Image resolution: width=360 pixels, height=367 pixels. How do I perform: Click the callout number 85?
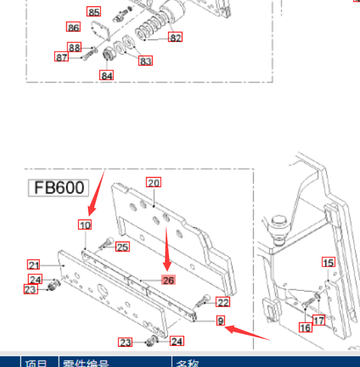click(x=93, y=12)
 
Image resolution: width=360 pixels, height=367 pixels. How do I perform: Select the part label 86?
click(x=73, y=27)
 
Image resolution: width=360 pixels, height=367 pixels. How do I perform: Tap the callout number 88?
click(x=74, y=48)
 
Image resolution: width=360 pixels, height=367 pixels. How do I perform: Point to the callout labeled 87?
click(x=62, y=57)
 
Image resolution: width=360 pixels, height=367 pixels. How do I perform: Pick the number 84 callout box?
click(x=106, y=75)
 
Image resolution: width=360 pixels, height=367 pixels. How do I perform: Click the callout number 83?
click(x=145, y=60)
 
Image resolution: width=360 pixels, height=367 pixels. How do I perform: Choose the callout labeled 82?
click(x=175, y=37)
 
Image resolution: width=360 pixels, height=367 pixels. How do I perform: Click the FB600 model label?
click(x=59, y=188)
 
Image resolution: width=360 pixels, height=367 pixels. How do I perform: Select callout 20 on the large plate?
click(x=153, y=182)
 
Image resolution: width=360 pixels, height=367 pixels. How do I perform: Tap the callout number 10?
click(x=85, y=225)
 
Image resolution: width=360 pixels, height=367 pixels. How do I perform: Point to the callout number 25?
click(x=122, y=247)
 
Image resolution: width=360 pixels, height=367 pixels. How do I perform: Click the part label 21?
click(x=34, y=264)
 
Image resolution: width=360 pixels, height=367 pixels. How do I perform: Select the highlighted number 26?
click(x=168, y=280)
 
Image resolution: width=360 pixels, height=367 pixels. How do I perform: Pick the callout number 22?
click(x=223, y=302)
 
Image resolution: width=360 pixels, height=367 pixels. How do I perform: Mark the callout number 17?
click(x=319, y=320)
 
